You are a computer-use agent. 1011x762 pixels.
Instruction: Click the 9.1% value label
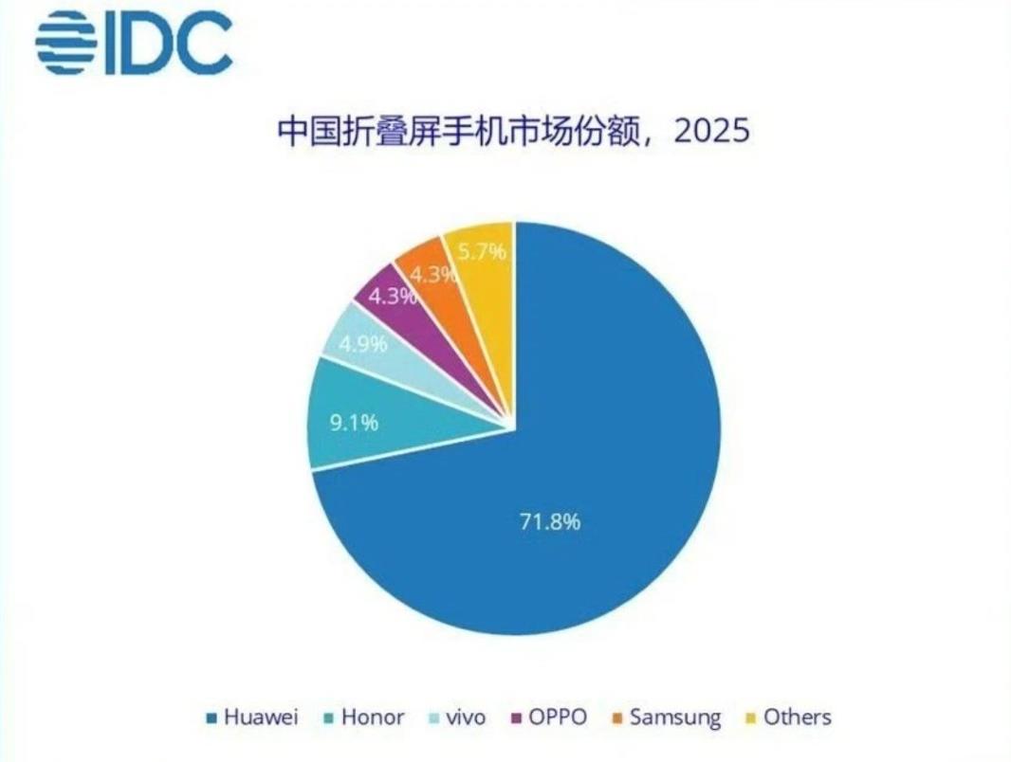(354, 422)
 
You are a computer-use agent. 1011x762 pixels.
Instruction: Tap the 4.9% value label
(364, 343)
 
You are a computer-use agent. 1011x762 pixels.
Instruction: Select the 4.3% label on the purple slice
(392, 296)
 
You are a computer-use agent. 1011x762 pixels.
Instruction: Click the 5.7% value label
(482, 252)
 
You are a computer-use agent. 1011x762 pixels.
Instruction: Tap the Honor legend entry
(365, 717)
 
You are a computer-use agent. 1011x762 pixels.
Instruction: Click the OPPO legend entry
(549, 717)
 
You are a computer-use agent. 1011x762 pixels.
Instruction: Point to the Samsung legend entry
(665, 717)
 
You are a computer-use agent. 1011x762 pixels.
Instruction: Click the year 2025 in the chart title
(711, 130)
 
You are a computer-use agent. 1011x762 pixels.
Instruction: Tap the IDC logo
(134, 43)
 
